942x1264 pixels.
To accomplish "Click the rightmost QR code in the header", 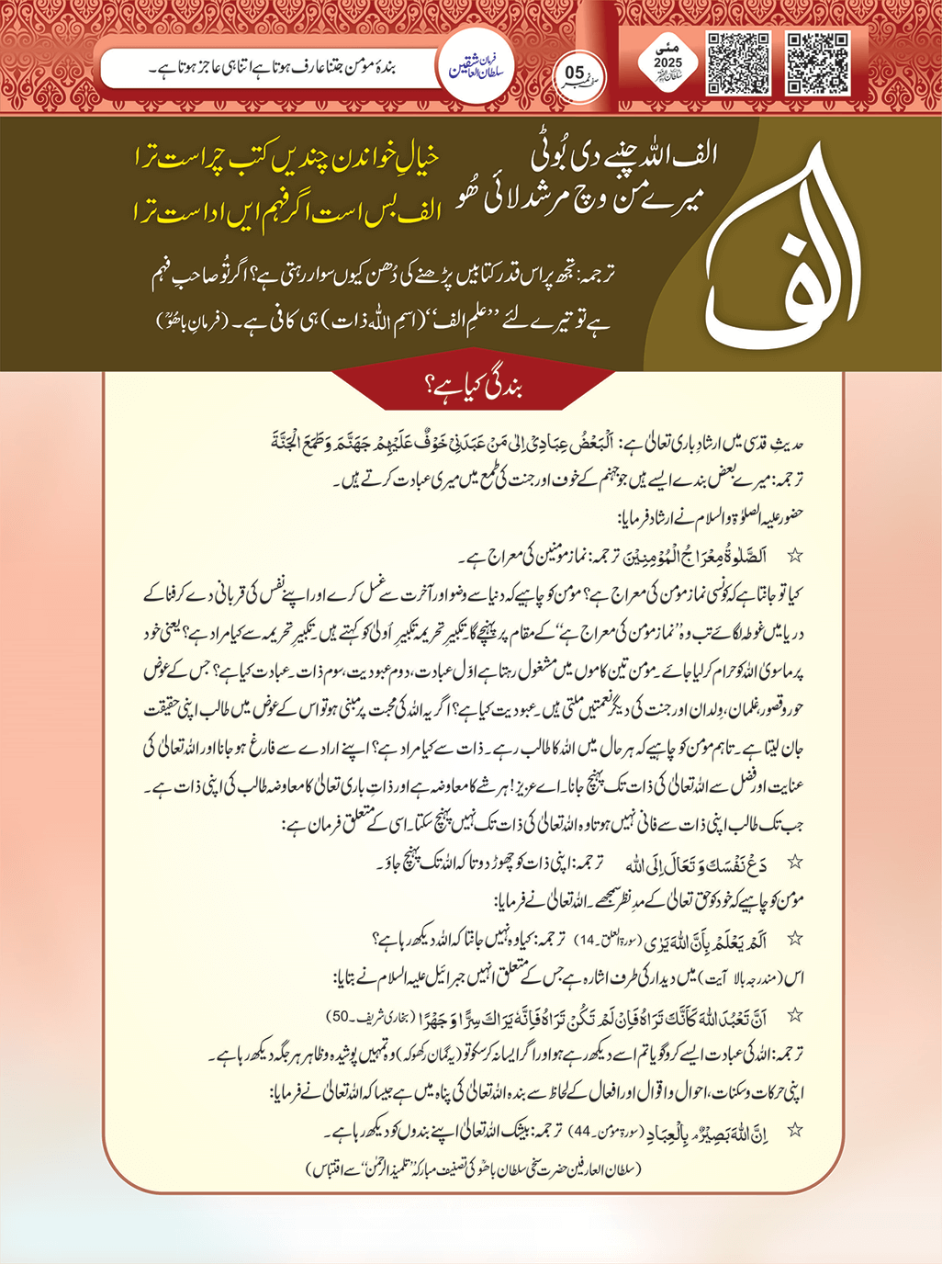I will coord(818,64).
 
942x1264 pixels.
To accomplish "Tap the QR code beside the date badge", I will coord(737,64).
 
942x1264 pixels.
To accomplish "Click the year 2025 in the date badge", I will coord(667,63).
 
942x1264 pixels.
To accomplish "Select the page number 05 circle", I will coord(575,73).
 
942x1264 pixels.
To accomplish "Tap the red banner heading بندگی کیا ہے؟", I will coord(471,386).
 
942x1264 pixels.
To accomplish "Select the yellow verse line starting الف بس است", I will coord(286,212).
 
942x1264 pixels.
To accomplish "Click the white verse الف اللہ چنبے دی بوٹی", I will coord(624,156).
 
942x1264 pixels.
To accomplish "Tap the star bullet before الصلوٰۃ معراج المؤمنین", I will coord(795,556).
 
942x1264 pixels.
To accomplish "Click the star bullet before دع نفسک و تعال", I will coord(795,863).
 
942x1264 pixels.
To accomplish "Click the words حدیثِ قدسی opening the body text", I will coord(778,443).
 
